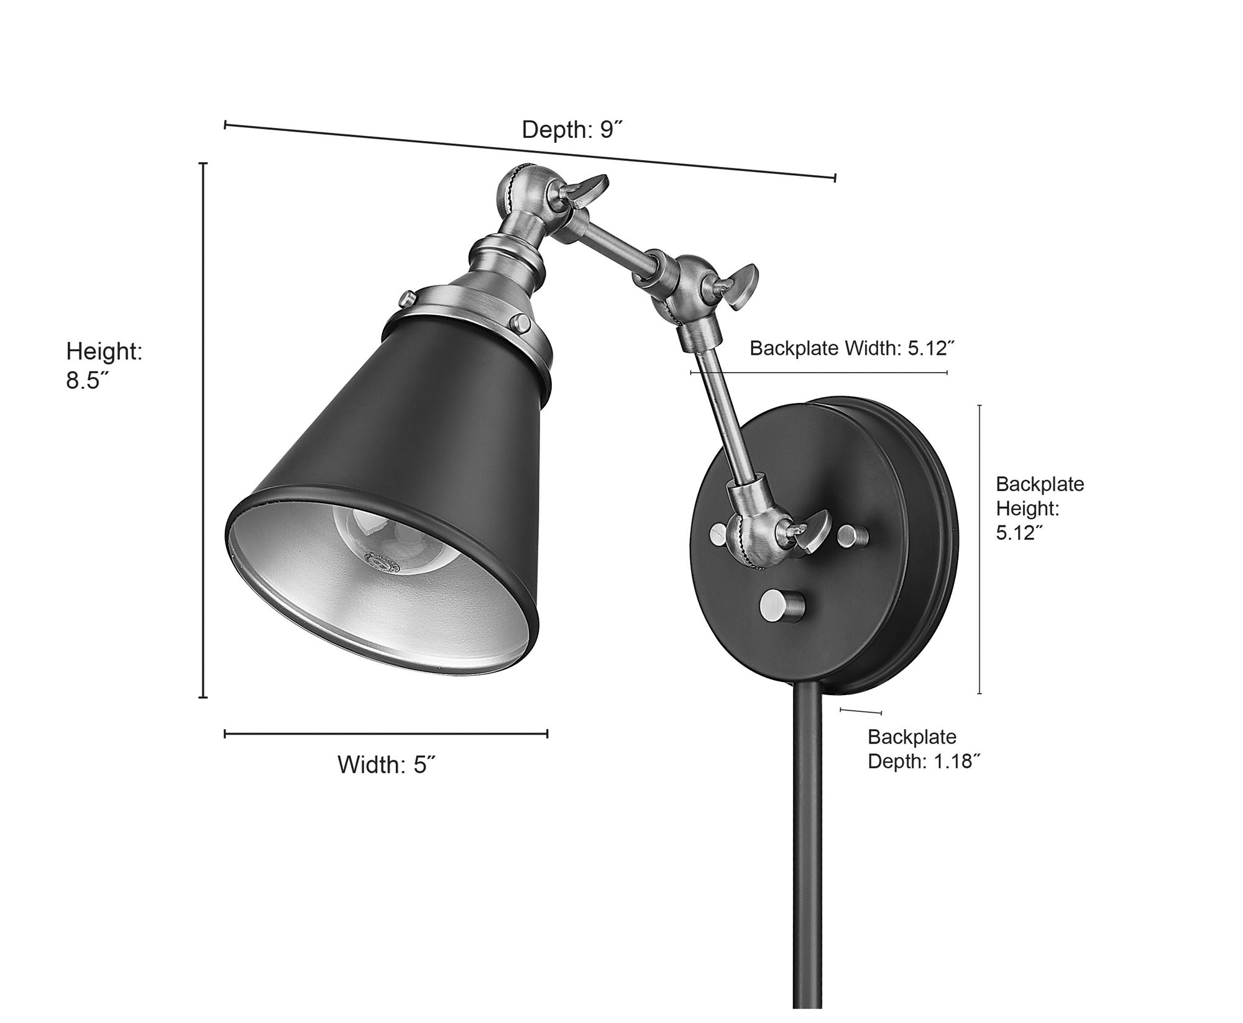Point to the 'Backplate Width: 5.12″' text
pyautogui.click(x=851, y=348)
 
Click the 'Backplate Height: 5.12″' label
pyautogui.click(x=1040, y=508)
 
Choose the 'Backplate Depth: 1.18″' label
pyautogui.click(x=924, y=748)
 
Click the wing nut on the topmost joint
pyautogui.click(x=590, y=190)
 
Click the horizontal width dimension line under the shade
pyautogui.click(x=385, y=734)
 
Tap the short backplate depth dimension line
pyautogui.click(x=861, y=711)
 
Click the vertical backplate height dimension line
pyautogui.click(x=979, y=549)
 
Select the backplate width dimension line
pyautogui.click(x=819, y=373)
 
